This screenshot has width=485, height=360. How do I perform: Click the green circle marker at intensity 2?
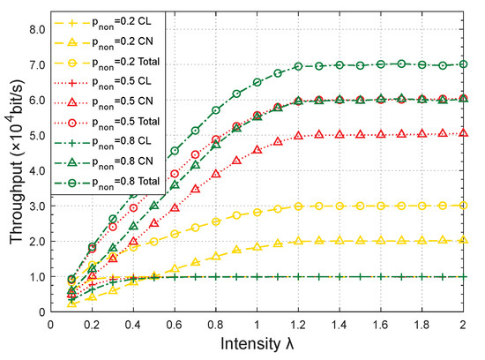pos(464,64)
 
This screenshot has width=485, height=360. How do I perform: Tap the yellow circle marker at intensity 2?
pos(464,205)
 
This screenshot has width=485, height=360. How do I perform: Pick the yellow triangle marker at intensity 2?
pos(464,240)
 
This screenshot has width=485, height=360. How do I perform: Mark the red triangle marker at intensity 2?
pos(464,134)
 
